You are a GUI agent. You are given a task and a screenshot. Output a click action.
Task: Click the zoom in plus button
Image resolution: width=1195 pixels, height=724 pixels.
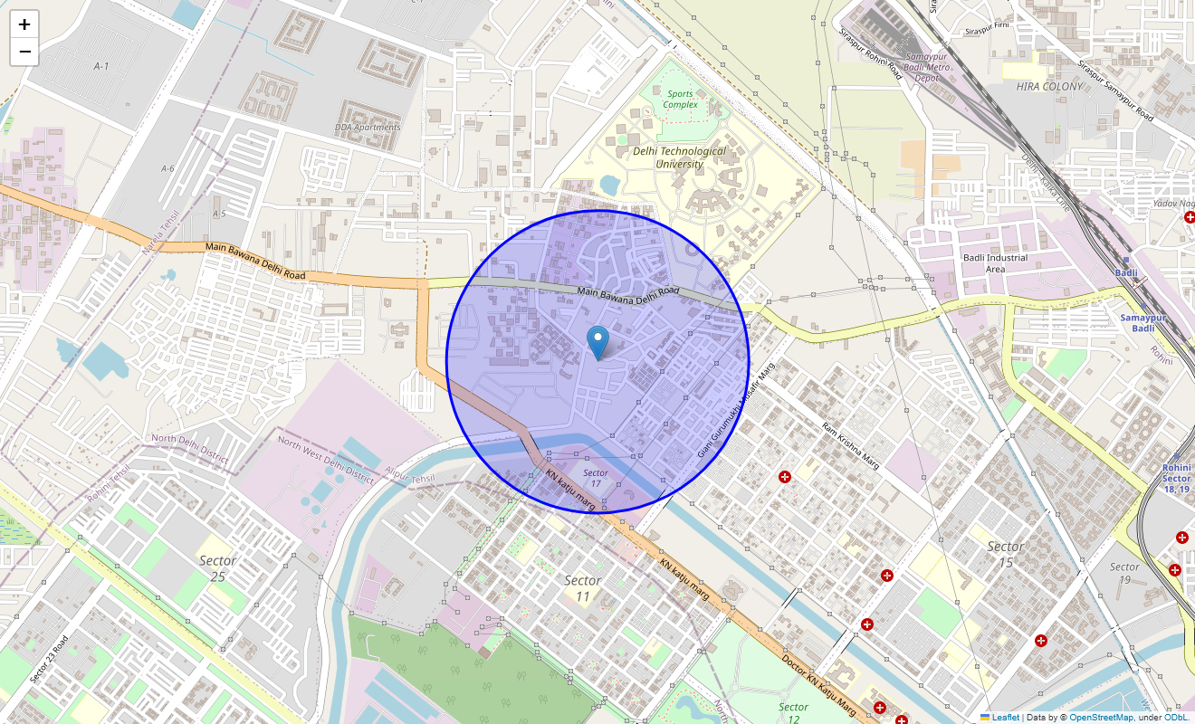pos(24,24)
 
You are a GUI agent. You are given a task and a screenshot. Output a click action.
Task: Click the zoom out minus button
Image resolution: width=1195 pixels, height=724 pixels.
pos(24,52)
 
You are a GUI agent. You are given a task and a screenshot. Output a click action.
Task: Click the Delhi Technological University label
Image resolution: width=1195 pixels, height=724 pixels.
pos(679,157)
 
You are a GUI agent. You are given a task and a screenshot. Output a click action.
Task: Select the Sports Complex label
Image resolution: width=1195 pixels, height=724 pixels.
pos(680,99)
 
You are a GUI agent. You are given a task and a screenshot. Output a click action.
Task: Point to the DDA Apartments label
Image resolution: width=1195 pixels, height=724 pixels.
pos(367,128)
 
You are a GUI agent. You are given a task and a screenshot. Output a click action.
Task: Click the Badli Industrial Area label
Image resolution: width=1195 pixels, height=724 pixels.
pos(994,263)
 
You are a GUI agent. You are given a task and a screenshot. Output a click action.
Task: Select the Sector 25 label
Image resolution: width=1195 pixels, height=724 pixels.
pos(217,568)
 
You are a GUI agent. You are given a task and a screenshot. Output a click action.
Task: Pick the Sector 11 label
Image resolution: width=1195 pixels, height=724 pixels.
pos(582,588)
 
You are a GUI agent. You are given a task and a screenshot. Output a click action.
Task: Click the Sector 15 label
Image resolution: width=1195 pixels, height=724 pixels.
pos(1005,554)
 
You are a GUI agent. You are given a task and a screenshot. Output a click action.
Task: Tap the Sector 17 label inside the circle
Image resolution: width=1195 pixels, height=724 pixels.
pos(595,479)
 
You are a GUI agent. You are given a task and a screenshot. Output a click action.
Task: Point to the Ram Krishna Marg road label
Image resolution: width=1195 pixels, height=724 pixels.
pos(850,442)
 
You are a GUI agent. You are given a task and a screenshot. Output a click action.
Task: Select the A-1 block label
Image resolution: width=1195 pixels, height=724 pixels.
pos(100,67)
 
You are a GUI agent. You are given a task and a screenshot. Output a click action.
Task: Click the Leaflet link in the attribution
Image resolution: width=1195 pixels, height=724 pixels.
pos(1005,717)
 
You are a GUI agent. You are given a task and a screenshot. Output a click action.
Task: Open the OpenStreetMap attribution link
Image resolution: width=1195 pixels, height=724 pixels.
pos(1101,717)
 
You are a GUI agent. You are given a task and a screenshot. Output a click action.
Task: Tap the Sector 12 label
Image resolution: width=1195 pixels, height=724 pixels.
pos(793,713)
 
